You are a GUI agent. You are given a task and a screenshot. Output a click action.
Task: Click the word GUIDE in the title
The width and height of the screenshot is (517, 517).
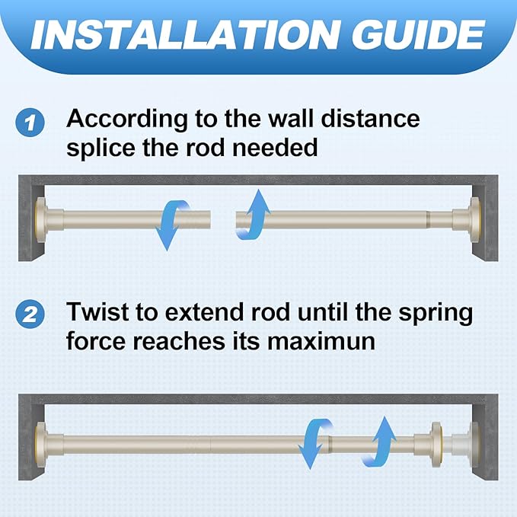[418, 34]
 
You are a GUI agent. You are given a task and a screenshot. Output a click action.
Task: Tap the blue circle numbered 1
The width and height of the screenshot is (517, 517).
[30, 123]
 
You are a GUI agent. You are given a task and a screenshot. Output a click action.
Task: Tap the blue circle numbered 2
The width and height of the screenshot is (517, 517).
[30, 314]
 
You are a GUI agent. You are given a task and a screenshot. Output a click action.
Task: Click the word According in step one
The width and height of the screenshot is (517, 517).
[128, 119]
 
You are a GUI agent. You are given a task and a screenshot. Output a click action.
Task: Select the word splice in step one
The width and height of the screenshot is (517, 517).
[101, 148]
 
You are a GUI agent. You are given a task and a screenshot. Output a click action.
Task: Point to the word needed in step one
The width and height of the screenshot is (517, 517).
[275, 148]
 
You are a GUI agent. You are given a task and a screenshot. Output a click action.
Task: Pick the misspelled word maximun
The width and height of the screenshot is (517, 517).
[321, 341]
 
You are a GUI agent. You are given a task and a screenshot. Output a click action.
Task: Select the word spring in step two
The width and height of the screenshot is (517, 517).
[436, 313]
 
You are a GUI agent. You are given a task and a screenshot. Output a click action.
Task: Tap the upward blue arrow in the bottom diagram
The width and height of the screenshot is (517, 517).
[379, 441]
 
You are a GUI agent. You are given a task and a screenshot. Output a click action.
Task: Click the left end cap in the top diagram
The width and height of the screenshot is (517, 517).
[42, 220]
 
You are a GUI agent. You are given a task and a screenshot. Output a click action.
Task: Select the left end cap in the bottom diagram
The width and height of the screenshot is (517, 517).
[42, 445]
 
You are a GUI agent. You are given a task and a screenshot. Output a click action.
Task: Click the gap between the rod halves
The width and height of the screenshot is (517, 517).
[223, 220]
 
